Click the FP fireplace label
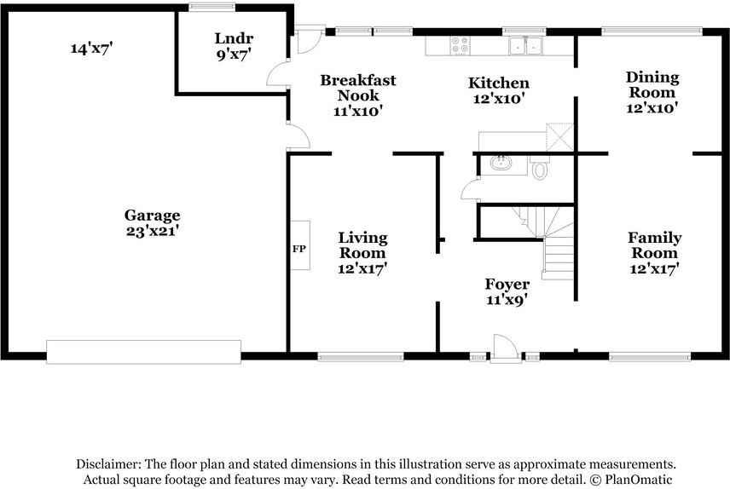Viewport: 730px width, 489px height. coord(298,249)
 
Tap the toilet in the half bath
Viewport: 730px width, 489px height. coord(540,169)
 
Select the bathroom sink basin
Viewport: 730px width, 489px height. coord(501,163)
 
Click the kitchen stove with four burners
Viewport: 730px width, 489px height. coord(460,46)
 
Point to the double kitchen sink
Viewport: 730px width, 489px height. coord(525,46)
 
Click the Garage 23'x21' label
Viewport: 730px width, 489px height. coord(153,223)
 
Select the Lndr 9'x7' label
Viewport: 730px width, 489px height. coord(234,46)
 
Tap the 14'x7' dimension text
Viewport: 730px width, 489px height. coord(92,48)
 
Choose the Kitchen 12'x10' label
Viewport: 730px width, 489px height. coord(499,90)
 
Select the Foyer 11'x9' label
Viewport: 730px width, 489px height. coord(507,291)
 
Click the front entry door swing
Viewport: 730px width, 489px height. coord(505,348)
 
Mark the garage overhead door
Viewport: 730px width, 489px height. coord(144,352)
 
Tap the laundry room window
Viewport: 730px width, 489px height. coord(211,7)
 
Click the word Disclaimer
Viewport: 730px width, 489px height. coord(108,464)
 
